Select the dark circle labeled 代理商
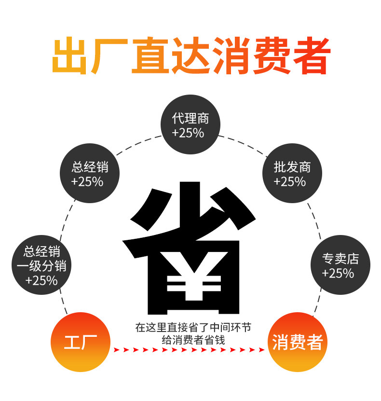pos(190,125)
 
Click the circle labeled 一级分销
pos(41,265)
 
